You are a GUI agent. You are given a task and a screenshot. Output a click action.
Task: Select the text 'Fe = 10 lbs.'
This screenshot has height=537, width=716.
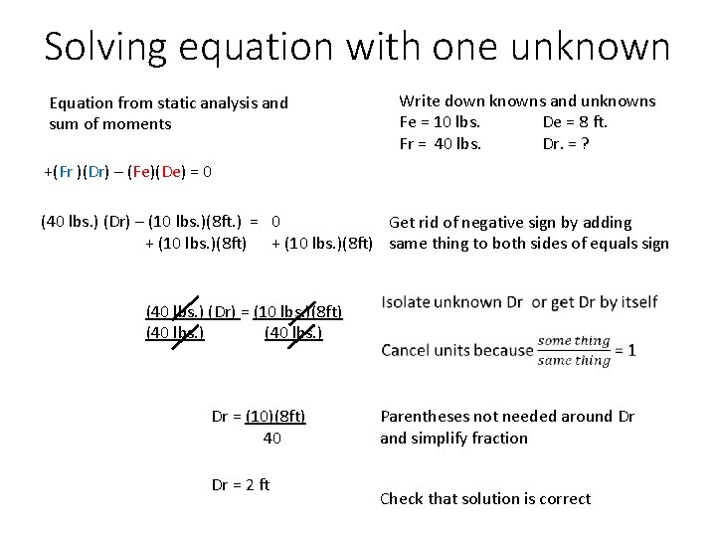441,122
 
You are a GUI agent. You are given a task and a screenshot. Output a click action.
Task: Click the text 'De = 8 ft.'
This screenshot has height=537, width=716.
575,122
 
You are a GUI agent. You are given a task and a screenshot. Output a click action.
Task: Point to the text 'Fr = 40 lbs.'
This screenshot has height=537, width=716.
441,143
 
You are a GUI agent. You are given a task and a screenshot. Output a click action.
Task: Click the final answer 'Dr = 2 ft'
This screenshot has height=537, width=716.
241,485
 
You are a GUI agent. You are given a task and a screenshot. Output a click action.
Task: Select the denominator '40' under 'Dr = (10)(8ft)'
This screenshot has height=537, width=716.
271,437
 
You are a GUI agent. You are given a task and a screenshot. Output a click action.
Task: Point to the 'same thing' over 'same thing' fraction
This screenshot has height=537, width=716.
574,350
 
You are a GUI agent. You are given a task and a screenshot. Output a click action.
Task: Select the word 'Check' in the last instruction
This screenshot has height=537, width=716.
403,498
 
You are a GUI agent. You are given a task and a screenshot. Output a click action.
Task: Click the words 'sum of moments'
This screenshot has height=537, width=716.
109,124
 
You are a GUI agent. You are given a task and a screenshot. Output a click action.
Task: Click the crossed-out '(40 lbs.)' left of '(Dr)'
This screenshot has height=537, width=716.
175,312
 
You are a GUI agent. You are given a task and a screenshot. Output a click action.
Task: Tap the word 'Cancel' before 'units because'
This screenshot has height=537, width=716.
410,350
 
